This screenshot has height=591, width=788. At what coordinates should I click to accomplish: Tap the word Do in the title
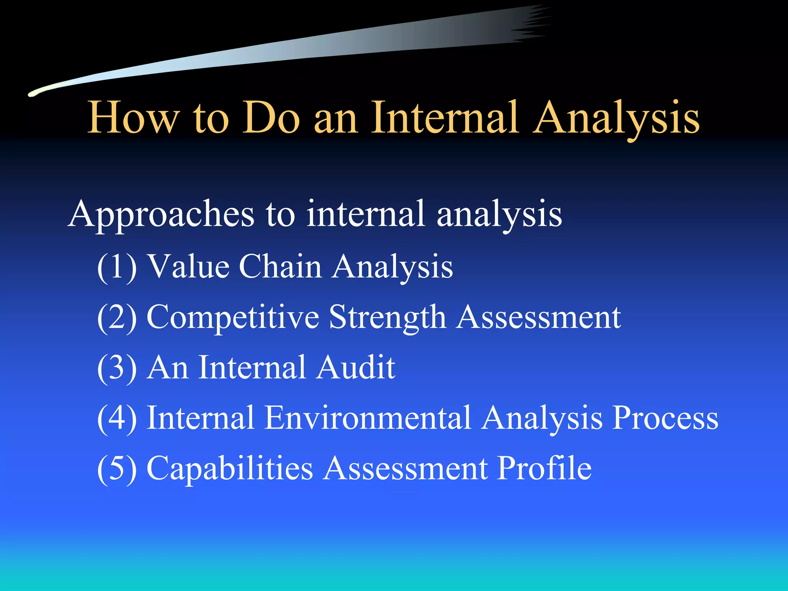(271, 117)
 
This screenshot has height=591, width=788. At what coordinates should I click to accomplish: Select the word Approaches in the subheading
(161, 215)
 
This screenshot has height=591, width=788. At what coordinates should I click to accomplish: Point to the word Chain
(280, 266)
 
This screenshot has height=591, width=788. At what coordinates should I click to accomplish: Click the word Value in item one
(189, 266)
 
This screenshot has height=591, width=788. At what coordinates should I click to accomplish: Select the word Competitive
(233, 318)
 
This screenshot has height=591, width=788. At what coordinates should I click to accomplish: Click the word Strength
(387, 318)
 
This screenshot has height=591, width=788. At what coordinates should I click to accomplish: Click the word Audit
(356, 367)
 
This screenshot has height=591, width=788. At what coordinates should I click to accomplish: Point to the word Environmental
(367, 418)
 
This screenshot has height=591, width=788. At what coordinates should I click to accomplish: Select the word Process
(665, 418)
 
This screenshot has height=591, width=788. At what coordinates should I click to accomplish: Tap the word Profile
(544, 468)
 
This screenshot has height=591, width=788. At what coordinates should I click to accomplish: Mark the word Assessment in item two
(538, 317)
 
